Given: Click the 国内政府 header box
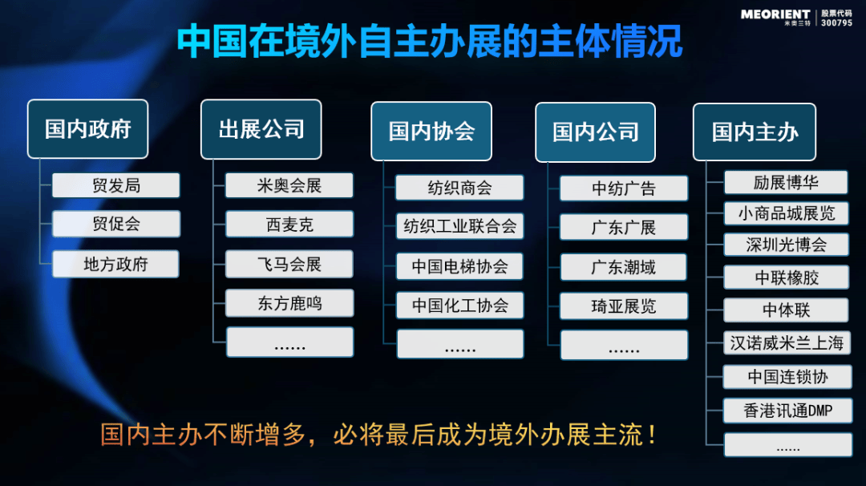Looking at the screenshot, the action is [88, 129].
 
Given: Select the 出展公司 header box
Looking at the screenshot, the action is [261, 129].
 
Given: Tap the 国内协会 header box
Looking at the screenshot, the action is [431, 132].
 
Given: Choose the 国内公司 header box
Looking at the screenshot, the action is [595, 132].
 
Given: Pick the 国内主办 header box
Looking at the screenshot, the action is [755, 132].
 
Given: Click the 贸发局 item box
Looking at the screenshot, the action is [116, 185].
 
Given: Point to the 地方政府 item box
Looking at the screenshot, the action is [116, 264].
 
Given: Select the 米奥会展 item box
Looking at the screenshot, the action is [289, 185].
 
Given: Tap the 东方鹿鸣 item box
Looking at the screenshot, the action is [289, 303].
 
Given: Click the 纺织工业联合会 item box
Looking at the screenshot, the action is [459, 226].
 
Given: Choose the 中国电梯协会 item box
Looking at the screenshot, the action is [459, 267].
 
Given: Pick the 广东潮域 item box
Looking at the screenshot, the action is [624, 267].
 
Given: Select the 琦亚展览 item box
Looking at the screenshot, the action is [624, 306].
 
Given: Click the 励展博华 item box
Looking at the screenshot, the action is [786, 183].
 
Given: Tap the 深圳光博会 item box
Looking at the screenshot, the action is [787, 245].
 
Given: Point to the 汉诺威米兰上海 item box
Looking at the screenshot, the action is [787, 343].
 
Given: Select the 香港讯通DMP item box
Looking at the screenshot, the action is [787, 411].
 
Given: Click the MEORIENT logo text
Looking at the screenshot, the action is [775, 15].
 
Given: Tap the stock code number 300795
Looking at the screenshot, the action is [836, 22].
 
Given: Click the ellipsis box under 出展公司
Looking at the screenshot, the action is [290, 342].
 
